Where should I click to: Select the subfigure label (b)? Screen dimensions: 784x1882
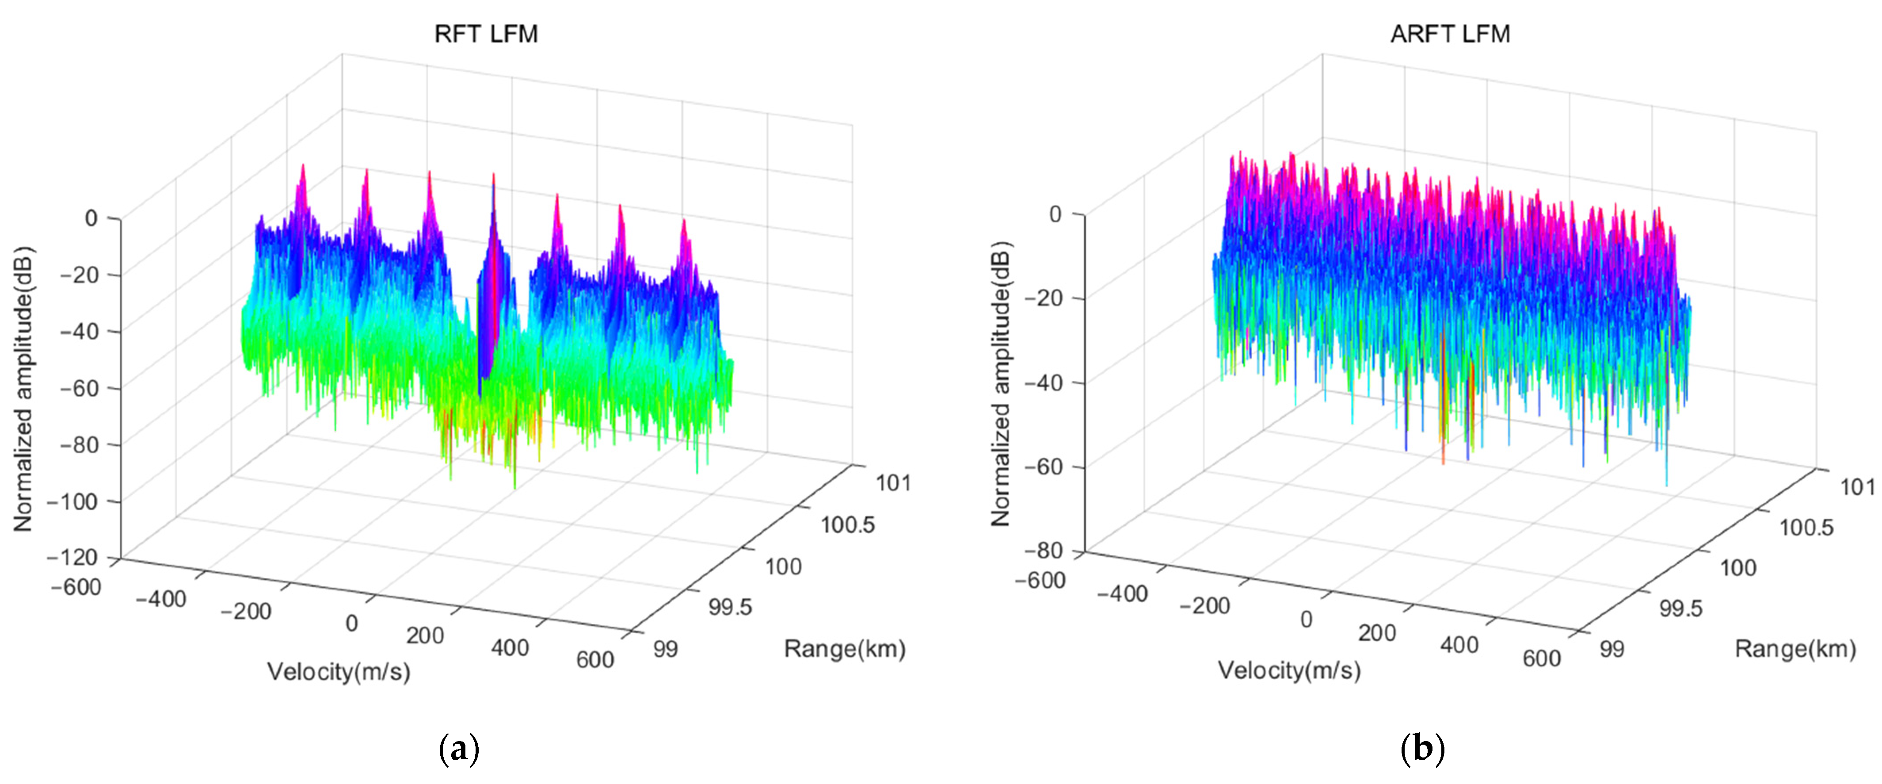pos(1422,749)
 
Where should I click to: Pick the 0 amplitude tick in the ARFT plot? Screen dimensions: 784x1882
pos(1056,214)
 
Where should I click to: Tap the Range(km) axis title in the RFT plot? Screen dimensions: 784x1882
pos(845,649)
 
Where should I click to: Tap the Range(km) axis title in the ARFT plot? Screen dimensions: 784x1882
pos(1795,649)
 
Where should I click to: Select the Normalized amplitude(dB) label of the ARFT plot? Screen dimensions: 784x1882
pos(1000,383)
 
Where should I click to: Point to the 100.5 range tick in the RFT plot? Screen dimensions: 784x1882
pos(847,524)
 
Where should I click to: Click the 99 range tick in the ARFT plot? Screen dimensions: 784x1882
pos(1612,649)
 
